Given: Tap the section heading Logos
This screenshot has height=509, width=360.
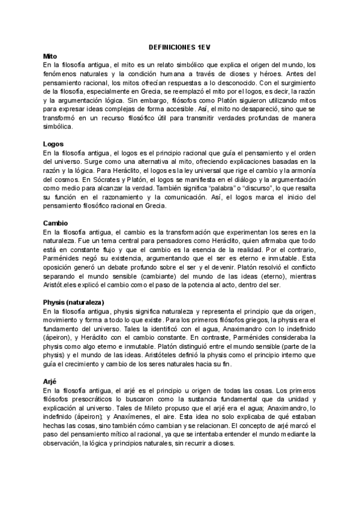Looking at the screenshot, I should point(54,145).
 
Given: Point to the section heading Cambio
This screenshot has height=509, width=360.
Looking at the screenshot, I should point(56,223).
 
